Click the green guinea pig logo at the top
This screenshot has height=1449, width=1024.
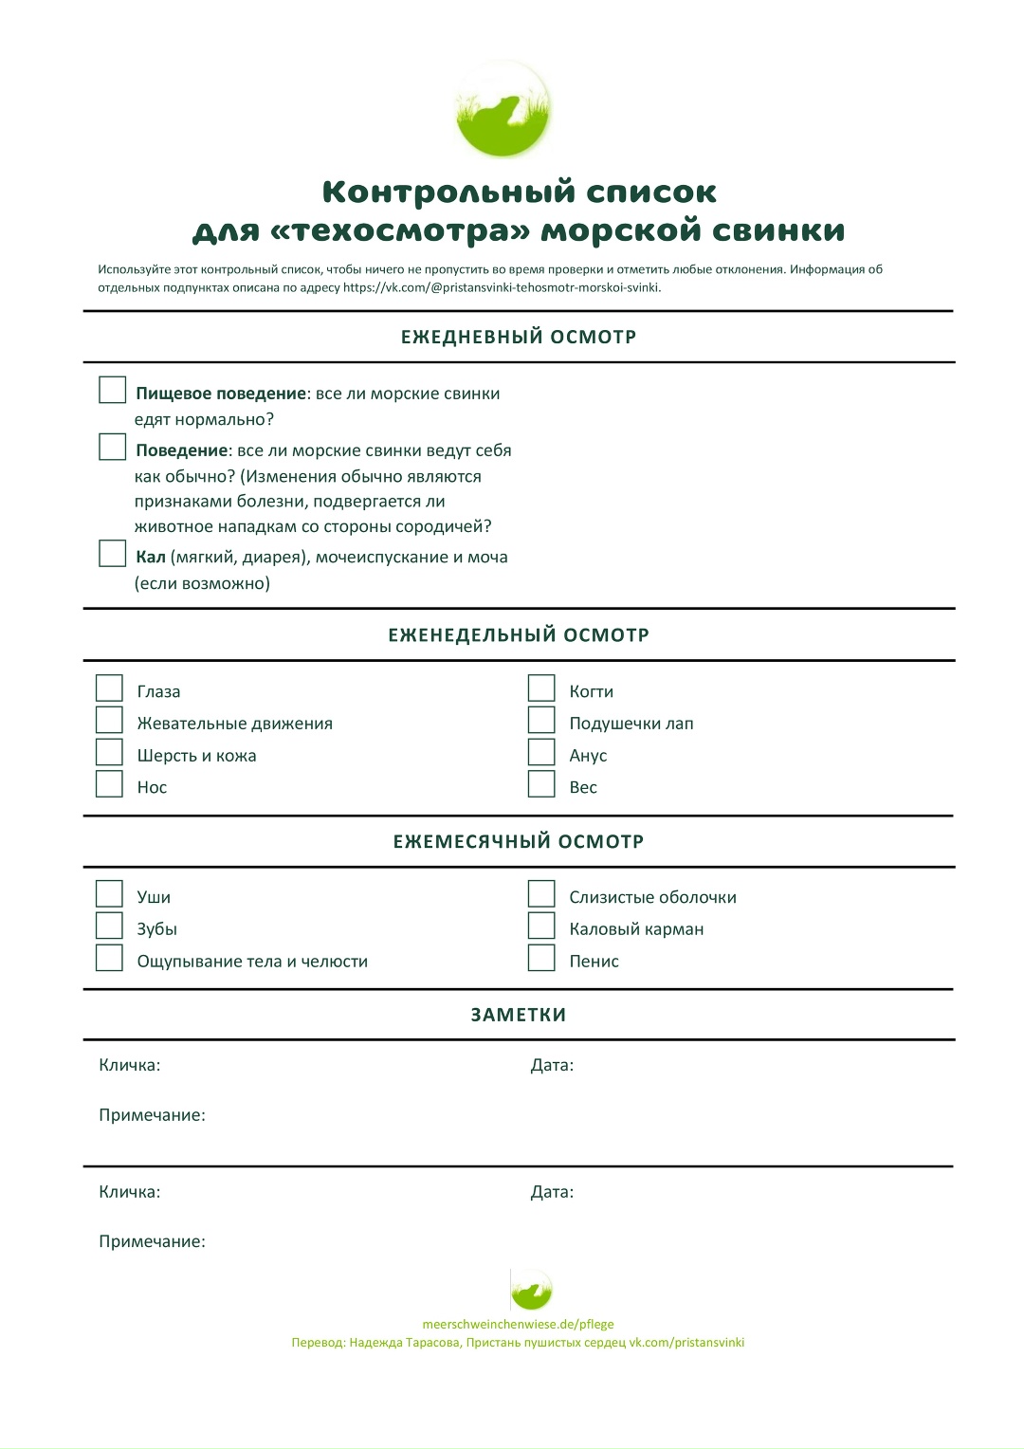point(503,110)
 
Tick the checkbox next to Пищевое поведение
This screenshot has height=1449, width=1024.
point(113,390)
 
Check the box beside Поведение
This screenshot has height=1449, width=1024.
point(113,447)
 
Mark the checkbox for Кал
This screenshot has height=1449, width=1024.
point(113,554)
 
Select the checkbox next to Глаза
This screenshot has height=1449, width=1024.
point(110,688)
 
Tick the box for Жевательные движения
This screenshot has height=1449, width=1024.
point(110,721)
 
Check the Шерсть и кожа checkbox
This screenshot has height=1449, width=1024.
point(110,753)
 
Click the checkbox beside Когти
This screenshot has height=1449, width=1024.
point(541,688)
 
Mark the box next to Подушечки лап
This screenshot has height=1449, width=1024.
point(541,721)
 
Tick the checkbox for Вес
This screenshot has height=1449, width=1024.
point(541,784)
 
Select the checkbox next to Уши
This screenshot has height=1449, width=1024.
point(110,894)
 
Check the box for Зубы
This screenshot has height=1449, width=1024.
point(110,926)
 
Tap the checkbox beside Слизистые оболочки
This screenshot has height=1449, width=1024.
point(541,894)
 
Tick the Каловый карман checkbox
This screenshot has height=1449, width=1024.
point(541,926)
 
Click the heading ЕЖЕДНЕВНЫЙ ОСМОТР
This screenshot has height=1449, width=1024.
point(519,337)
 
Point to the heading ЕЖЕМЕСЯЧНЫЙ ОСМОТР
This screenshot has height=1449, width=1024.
point(519,841)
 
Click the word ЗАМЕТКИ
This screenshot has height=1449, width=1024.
point(519,1015)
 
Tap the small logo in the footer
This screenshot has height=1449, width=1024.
point(531,1291)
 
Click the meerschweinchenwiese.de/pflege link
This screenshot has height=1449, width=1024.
point(518,1324)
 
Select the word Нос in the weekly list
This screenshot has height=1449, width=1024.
point(152,787)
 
